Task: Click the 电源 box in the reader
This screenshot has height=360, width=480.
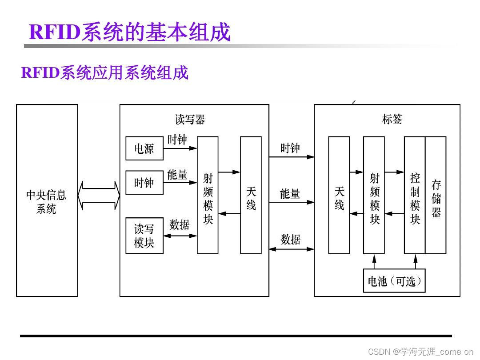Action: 144,148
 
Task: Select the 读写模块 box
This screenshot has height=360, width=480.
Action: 144,236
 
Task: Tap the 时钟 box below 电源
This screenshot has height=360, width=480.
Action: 144,182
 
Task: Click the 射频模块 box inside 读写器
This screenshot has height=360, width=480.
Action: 208,195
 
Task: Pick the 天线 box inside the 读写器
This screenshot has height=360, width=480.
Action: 251,195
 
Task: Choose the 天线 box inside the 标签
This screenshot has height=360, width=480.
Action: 339,195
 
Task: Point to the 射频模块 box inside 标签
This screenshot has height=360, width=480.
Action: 374,195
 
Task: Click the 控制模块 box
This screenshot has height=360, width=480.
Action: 415,195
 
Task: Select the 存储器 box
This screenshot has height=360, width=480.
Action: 436,195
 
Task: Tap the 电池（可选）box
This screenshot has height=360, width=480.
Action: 394,281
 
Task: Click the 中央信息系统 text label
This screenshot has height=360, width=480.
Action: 46,201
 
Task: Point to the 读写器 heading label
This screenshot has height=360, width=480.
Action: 190,120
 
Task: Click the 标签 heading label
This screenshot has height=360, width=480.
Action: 392,119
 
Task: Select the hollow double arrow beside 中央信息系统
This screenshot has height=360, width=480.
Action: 99,195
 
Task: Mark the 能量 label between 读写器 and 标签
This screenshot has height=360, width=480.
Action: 290,194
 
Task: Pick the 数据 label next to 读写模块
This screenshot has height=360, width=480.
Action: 180,225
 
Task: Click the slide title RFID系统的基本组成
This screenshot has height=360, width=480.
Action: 130,32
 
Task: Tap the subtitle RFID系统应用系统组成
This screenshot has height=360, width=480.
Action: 105,72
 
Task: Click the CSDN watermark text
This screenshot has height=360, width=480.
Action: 420,352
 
